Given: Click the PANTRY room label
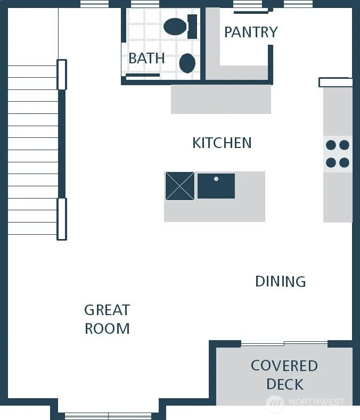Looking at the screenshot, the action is tap(251, 32).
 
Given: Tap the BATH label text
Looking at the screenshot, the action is tap(146, 58).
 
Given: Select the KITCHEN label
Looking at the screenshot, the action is tap(222, 143).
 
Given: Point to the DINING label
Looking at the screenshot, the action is tap(281, 282).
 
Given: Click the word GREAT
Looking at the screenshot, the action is tap(107, 310).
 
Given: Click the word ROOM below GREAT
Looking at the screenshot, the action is tap(107, 328).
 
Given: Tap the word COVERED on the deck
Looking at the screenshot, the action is tap(284, 366).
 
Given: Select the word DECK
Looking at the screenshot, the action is tap(285, 384).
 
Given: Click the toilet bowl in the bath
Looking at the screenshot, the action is tap(175, 27).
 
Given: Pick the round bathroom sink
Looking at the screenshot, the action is tap(187, 63).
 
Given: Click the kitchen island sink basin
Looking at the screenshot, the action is tap(216, 186).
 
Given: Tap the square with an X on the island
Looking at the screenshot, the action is tap(180, 186).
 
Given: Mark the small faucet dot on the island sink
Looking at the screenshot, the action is tap(216, 179).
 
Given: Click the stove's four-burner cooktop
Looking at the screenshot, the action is tap(338, 154).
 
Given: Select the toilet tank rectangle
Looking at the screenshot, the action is tap(192, 27).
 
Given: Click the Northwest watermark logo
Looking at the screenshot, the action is tap(275, 402).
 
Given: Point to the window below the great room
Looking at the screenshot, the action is tap(108, 416).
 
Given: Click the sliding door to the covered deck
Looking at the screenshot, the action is tap(284, 343).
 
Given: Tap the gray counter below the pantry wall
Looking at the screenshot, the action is tap(221, 99).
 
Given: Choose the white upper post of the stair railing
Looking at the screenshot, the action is tap(62, 75).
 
